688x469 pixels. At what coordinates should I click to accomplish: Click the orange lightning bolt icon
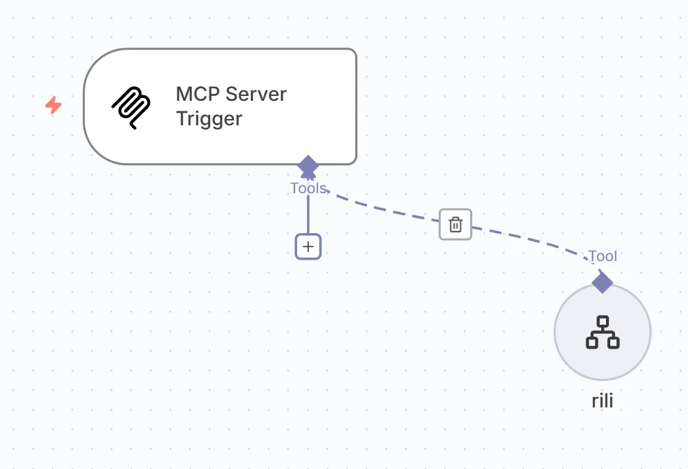click(x=53, y=106)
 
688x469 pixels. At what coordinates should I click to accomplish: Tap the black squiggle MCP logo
click(x=131, y=108)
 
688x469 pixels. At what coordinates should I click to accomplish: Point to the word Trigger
click(x=209, y=118)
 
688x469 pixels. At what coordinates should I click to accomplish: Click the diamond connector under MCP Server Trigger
click(x=308, y=167)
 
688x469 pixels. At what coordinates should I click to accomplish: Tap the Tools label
click(x=308, y=188)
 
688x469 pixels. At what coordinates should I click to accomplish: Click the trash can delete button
click(x=455, y=225)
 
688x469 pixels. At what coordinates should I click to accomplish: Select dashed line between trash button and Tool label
click(x=532, y=239)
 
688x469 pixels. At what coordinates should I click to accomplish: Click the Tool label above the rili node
click(x=603, y=256)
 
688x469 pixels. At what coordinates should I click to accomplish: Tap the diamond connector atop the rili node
click(x=603, y=282)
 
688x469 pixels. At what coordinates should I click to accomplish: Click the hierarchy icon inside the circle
click(x=603, y=332)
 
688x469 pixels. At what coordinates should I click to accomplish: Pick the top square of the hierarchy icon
click(x=603, y=321)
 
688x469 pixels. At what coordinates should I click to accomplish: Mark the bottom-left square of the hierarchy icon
click(x=592, y=342)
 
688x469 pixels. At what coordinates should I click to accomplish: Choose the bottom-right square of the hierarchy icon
click(x=613, y=342)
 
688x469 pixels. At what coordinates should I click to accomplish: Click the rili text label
click(x=603, y=402)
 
